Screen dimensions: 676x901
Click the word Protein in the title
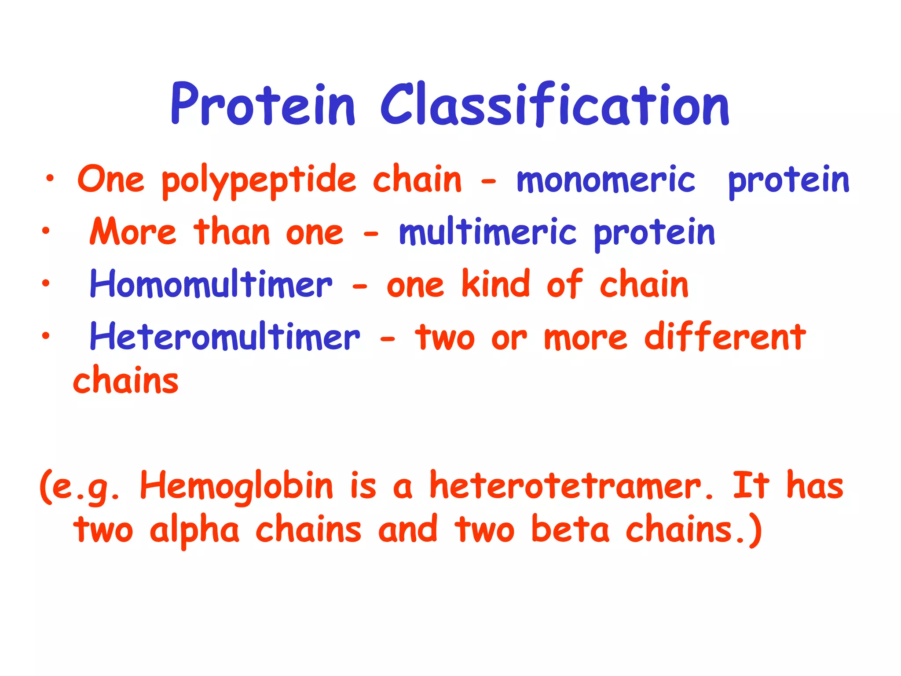[263, 105]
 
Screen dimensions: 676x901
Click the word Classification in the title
[555, 105]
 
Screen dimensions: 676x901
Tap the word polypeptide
[259, 180]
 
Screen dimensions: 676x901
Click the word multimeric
[487, 232]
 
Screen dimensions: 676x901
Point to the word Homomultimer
[211, 284]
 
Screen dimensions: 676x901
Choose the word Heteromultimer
[225, 337]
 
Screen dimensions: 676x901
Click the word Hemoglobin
[237, 486]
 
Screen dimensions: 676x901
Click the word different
[725, 336]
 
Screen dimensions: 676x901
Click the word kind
[496, 284]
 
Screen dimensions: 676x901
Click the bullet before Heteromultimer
[46, 336]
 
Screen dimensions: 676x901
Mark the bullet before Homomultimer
[46, 283]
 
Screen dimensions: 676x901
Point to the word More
[133, 232]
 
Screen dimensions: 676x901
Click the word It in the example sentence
[751, 485]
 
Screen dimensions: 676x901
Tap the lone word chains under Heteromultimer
[126, 380]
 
